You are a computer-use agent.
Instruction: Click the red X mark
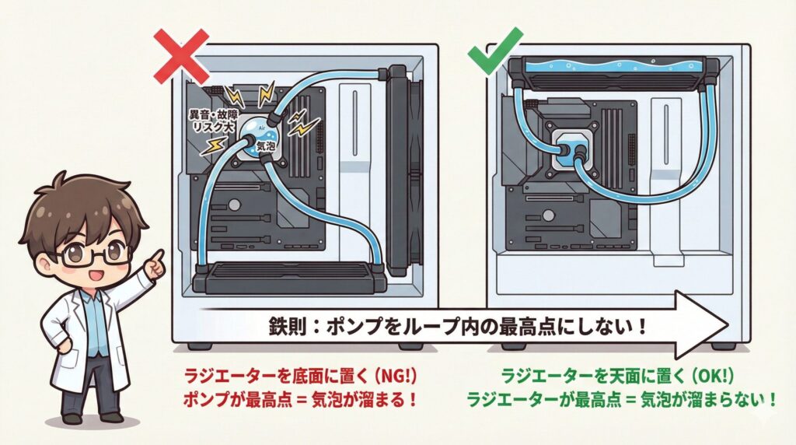click(181, 55)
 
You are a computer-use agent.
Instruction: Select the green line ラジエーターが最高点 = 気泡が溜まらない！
click(621, 401)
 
